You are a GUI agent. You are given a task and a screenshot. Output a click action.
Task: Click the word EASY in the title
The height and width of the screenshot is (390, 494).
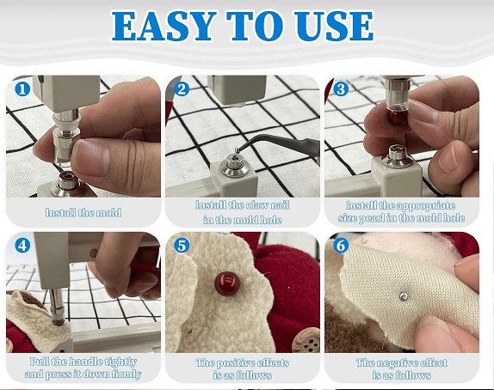point(164,26)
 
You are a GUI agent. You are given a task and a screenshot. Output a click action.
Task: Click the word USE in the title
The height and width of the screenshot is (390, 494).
point(334,26)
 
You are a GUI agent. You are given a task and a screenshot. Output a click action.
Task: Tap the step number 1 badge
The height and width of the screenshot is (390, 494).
point(22,89)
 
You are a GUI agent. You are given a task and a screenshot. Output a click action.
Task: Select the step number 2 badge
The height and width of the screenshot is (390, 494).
point(182,89)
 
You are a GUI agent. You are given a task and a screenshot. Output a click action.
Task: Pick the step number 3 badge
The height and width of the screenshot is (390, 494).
point(341,89)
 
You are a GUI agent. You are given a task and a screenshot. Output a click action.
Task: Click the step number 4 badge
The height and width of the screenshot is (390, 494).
point(22,246)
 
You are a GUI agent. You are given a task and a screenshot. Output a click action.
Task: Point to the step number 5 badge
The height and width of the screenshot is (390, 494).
point(182,246)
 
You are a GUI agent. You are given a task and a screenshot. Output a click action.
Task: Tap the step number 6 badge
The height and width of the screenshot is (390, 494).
point(341,246)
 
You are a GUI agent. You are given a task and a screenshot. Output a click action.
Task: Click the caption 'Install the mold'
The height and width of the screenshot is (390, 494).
point(83,213)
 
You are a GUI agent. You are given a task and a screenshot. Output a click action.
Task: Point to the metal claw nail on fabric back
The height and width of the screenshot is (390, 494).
point(404,296)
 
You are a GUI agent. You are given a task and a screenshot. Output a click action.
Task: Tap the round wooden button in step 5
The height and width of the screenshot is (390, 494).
point(306,340)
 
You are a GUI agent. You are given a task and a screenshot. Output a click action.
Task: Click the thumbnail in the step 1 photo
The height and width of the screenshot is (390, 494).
point(92,156)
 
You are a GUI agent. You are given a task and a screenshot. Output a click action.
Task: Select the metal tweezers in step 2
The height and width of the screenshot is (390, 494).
point(277,143)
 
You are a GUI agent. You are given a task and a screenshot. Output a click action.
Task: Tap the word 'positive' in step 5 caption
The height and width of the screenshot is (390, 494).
point(234,363)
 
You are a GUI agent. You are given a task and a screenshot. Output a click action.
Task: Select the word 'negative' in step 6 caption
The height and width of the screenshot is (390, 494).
point(395,363)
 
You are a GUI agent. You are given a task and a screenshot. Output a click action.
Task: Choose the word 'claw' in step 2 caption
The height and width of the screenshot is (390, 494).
point(257,205)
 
